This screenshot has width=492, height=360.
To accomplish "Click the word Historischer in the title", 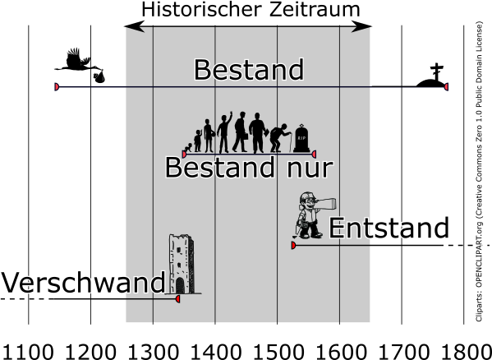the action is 201,9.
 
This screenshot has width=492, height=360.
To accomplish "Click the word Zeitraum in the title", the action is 314,9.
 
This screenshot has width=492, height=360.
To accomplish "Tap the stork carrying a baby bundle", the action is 80,65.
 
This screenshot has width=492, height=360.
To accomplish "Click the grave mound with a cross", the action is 431,76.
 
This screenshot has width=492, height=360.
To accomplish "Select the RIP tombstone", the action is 301,138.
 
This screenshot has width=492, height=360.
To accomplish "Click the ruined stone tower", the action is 182,265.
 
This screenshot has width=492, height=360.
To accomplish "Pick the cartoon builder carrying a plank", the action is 314,216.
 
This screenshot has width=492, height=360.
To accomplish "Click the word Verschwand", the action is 83,282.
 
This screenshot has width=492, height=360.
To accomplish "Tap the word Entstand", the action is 389,228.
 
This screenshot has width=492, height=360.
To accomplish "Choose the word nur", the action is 309,168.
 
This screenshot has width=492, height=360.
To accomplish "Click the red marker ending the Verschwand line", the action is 177,299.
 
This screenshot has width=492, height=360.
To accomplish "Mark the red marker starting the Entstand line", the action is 293,245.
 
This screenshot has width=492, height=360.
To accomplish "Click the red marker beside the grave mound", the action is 446,86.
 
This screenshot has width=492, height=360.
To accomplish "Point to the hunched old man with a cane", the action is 280,138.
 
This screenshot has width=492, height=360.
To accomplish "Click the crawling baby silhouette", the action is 188,148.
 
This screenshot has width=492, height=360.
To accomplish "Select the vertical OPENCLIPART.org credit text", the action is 479,171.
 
